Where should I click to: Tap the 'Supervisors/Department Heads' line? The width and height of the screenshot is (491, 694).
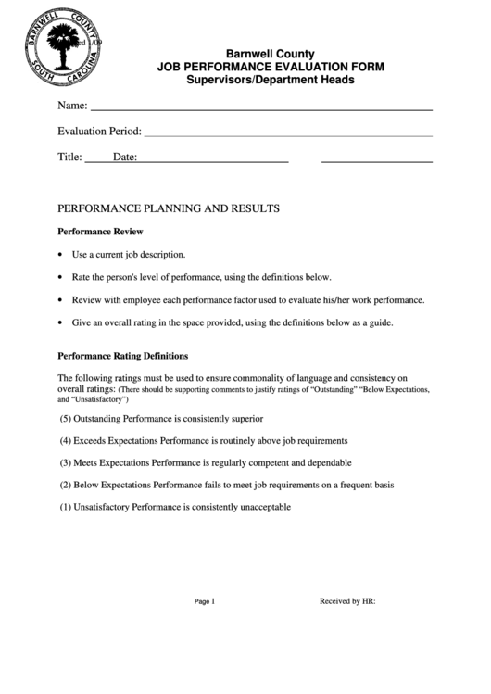point(271,81)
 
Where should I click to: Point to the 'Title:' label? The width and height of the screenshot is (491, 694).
point(70,158)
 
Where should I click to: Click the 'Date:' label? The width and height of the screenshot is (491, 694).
point(125,158)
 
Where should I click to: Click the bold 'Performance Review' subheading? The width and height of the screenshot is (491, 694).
point(100,231)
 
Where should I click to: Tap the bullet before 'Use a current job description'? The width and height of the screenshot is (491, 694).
point(61,254)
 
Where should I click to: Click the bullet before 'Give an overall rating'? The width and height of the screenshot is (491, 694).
point(61,323)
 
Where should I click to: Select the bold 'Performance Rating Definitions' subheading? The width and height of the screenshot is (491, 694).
point(123,355)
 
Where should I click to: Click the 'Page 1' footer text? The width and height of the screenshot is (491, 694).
point(205,601)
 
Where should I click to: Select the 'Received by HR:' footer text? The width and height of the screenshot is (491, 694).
point(347,601)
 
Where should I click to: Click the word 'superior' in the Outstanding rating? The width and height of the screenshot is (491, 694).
point(245,419)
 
